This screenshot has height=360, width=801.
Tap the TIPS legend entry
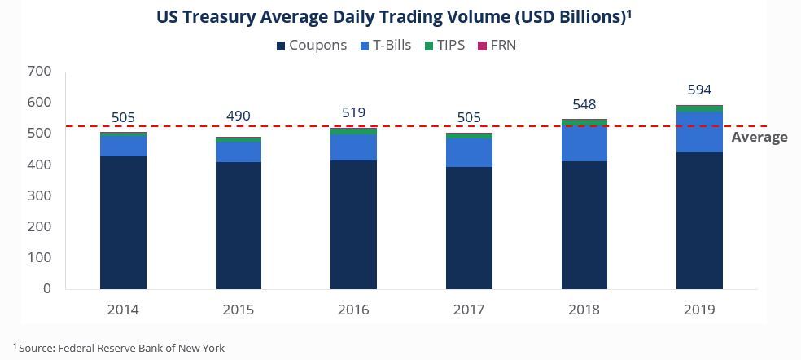pos(445,46)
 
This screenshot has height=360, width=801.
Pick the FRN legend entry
pos(496,46)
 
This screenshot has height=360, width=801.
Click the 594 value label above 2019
pos(699,90)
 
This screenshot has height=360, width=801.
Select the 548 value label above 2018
pos(584,104)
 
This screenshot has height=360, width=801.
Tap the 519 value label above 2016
pos(353,112)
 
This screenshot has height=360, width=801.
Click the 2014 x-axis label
pos(123,310)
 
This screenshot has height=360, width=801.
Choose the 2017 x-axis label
pos(469,310)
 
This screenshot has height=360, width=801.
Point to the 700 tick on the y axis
pos(40,72)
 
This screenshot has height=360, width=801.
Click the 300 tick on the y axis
pos(40,195)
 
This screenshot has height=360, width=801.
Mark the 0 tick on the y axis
pos(46,288)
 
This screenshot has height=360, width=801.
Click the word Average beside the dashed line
pos(759,137)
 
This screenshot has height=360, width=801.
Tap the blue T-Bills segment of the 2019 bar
pos(699,132)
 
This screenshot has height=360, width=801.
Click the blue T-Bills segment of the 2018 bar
pos(584,143)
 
